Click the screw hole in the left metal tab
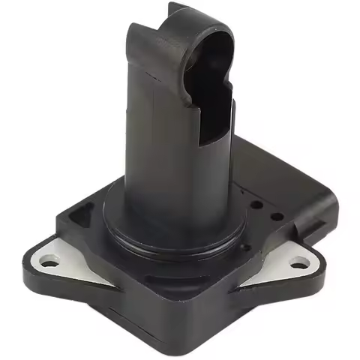point(49,262)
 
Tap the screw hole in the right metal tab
point(300,262)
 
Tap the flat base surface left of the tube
point(97,225)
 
